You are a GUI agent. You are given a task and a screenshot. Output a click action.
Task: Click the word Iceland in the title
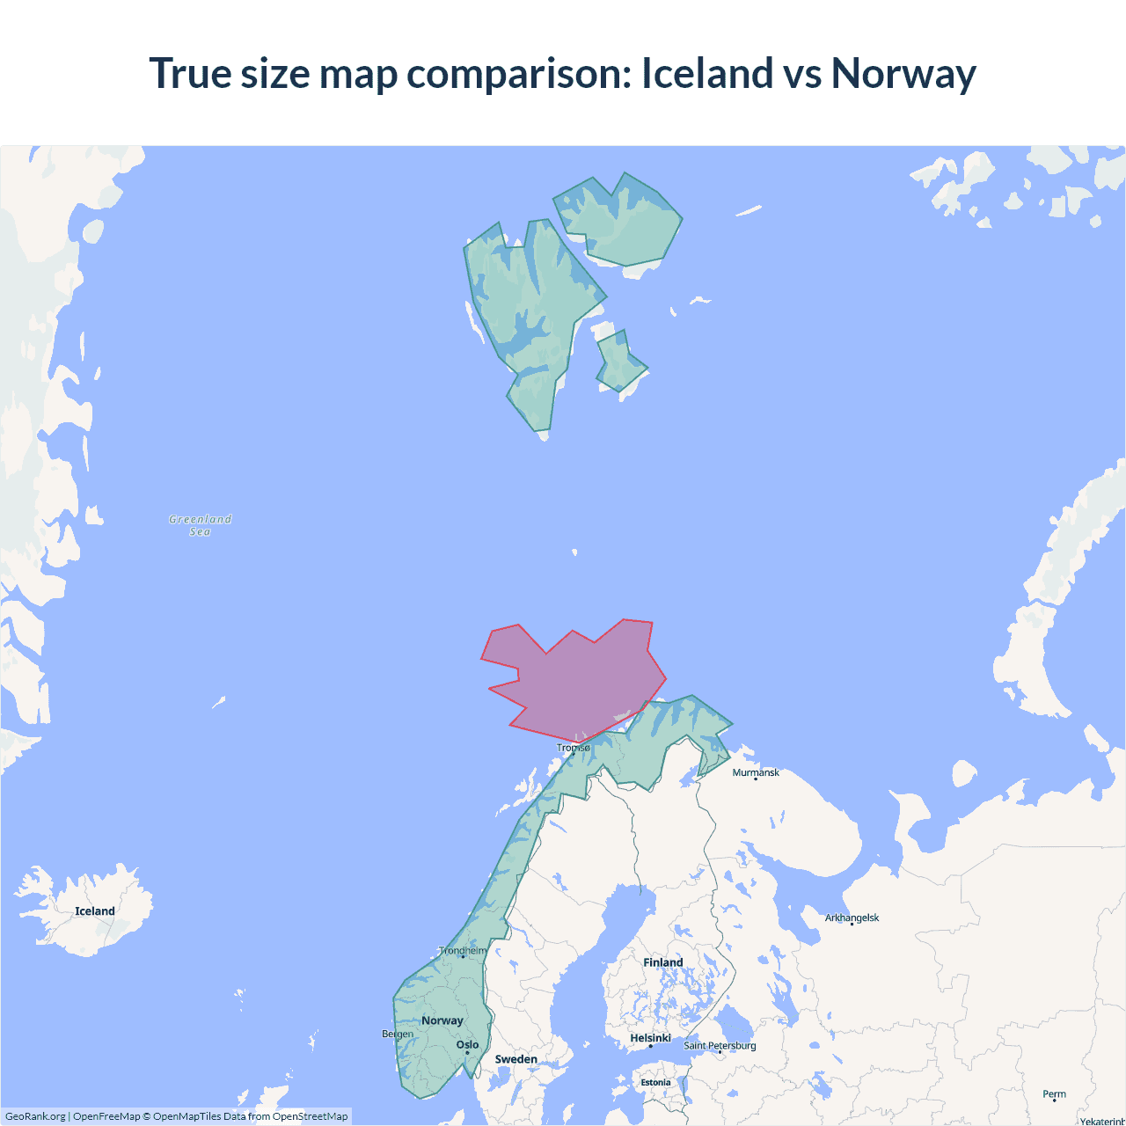[x=707, y=73]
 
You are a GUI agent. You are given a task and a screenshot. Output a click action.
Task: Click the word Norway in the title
[x=903, y=73]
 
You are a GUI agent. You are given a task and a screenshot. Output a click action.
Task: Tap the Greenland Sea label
[x=201, y=525]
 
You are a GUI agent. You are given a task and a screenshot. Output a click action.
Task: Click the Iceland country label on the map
[x=95, y=911]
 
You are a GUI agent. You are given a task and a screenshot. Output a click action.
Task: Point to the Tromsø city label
[x=574, y=748]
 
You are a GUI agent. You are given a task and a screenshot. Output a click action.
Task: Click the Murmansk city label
[x=756, y=772]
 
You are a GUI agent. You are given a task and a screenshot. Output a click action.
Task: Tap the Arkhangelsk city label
[x=852, y=918]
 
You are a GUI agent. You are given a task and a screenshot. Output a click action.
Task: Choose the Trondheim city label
[x=463, y=951]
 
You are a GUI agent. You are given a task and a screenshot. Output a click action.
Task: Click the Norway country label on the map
[x=442, y=1020]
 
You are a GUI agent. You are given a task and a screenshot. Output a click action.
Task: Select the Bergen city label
[x=398, y=1034]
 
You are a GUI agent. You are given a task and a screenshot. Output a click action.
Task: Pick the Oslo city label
[x=467, y=1045]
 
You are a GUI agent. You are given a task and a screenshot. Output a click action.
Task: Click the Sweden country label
[x=515, y=1059]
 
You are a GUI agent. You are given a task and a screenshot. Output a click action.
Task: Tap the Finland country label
[x=662, y=962]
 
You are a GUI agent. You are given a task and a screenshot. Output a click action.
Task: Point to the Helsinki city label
[x=650, y=1038]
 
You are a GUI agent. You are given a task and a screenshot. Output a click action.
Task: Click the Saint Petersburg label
[x=720, y=1045]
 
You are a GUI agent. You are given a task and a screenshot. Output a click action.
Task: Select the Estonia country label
[x=655, y=1083]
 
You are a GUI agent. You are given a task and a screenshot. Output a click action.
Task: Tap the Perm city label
[x=1054, y=1094]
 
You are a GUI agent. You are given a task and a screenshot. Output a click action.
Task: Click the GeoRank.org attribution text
[x=35, y=1116]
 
